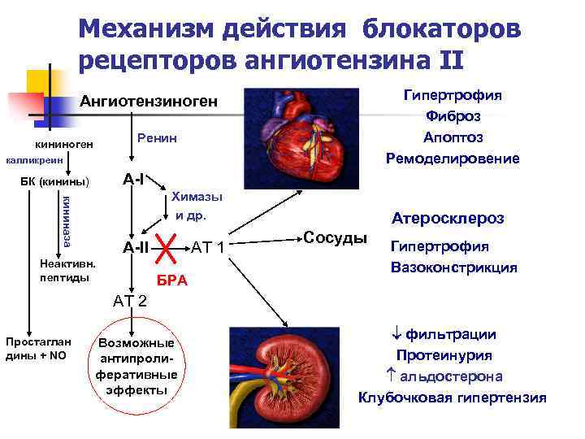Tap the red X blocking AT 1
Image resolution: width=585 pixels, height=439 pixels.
click(167, 246)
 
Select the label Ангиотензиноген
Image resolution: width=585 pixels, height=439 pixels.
click(149, 102)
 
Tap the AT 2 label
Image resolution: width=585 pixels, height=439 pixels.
click(130, 301)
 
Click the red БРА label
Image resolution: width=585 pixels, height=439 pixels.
click(171, 280)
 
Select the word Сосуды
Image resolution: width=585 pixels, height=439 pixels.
click(334, 237)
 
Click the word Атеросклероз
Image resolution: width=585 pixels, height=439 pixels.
click(447, 219)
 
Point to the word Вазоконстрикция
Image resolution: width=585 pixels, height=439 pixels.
click(453, 267)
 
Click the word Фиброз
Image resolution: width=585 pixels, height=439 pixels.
click(453, 115)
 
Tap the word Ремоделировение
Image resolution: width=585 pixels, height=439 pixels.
click(453, 157)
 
